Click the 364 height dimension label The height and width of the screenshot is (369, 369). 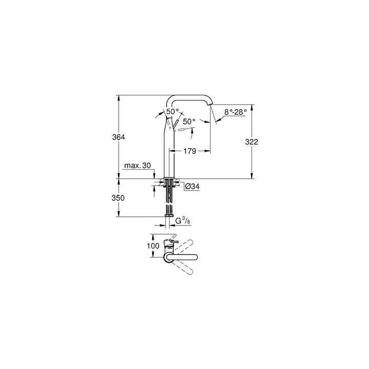pos(119,137)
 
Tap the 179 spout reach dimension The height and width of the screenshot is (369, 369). pos(190,151)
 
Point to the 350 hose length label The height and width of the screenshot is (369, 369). pos(119,197)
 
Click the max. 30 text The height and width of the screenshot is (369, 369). pos(137,166)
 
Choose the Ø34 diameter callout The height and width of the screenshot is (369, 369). pos(192,187)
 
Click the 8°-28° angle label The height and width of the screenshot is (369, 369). pos(235,111)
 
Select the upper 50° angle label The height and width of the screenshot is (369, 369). pos(173,111)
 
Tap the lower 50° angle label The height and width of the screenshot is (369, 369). pos(189,121)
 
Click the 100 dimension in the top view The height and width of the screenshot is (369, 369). pos(153,246)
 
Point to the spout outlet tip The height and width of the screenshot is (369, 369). pos(211,106)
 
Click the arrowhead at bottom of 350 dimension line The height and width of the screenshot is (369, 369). pos(119,215)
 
